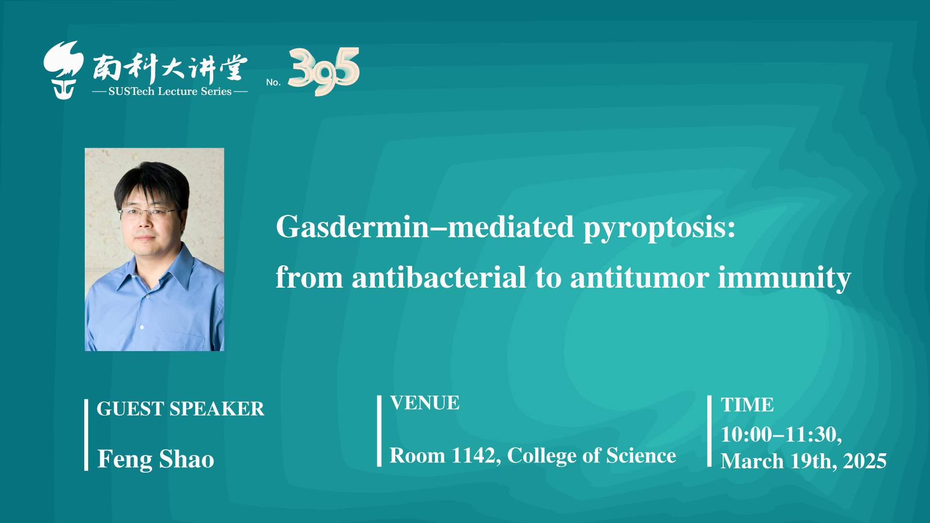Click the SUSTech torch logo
[x=63, y=70]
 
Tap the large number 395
[x=324, y=71]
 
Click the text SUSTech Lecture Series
[x=170, y=91]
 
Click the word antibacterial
[x=439, y=277]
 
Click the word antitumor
[x=640, y=278]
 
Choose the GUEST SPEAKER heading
[x=180, y=409]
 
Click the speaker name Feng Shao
[x=155, y=459]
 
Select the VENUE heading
[x=425, y=403]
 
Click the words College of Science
[x=591, y=456]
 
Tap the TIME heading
[x=747, y=405]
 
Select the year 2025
[x=865, y=461]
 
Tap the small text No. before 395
[x=274, y=82]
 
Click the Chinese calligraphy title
[x=170, y=68]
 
